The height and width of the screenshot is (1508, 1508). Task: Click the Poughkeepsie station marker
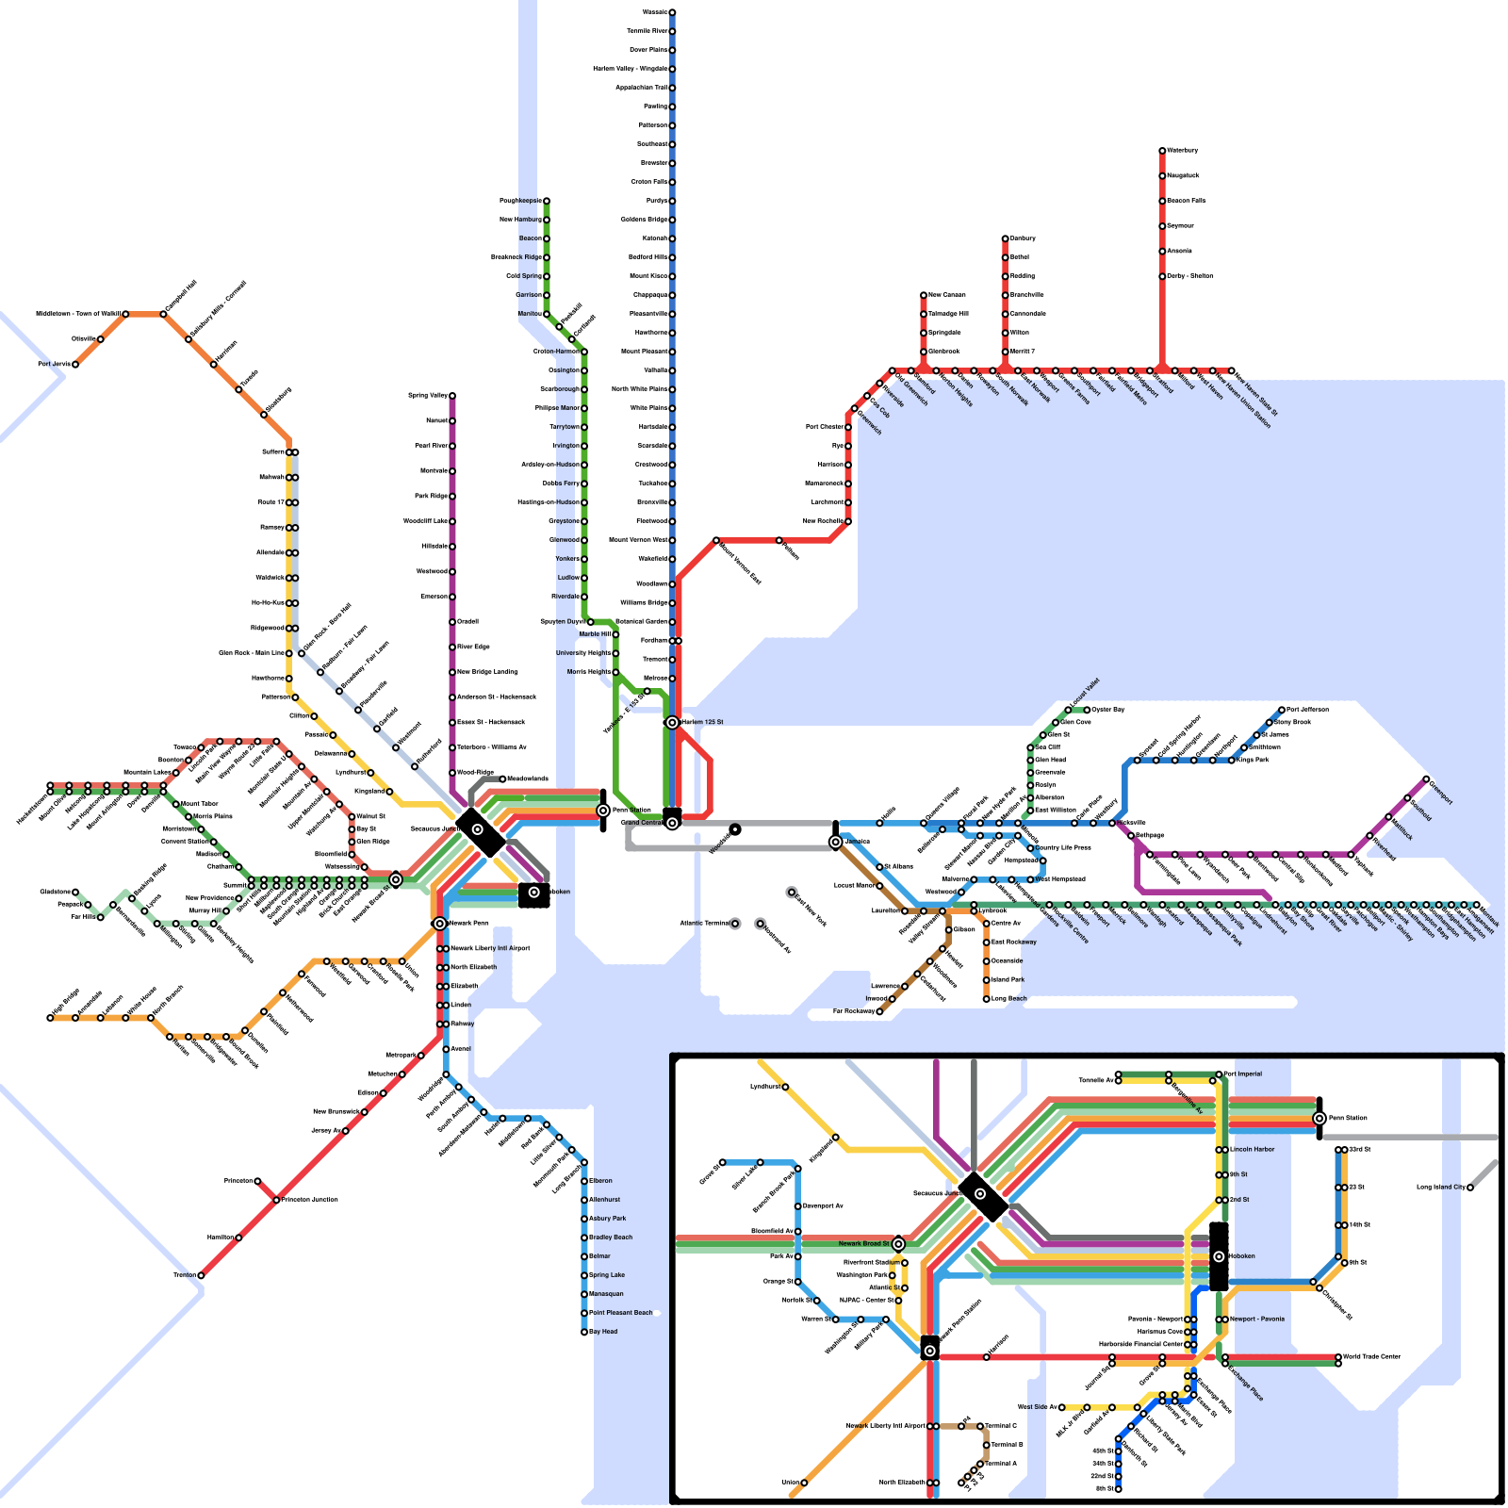(546, 201)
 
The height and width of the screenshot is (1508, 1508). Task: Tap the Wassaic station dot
(672, 12)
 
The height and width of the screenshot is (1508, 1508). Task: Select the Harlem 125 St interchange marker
(672, 723)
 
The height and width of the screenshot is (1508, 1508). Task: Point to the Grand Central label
(642, 823)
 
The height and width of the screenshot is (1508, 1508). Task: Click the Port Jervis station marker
(75, 365)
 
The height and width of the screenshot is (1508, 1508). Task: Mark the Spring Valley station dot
(452, 396)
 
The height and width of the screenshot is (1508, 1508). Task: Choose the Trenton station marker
(201, 1275)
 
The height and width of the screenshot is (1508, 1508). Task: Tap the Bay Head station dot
(584, 1332)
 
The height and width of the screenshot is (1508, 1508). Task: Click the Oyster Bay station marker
(1087, 710)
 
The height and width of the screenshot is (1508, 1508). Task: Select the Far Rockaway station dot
(879, 1011)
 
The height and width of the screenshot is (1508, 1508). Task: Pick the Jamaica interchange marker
(836, 842)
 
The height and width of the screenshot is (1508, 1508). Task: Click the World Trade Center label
(1371, 1357)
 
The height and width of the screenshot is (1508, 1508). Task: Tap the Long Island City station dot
(1470, 1188)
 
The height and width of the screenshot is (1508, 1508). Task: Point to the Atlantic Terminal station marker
(735, 924)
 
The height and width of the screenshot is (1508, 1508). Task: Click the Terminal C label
(1001, 1426)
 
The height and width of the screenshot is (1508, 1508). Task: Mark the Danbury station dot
(1006, 238)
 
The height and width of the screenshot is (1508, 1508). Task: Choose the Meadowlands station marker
(502, 779)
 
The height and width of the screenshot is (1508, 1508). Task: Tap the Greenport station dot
(1426, 779)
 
